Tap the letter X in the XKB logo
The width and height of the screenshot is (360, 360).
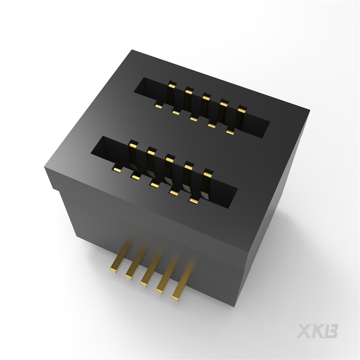(x=305, y=331)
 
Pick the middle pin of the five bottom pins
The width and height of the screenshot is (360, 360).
(x=148, y=276)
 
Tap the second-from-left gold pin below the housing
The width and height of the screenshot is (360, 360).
(x=132, y=271)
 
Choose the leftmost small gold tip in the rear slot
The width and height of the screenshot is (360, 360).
(x=158, y=104)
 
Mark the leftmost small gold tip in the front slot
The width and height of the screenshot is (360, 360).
(x=116, y=169)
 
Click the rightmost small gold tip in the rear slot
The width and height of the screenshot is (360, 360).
(x=230, y=132)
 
